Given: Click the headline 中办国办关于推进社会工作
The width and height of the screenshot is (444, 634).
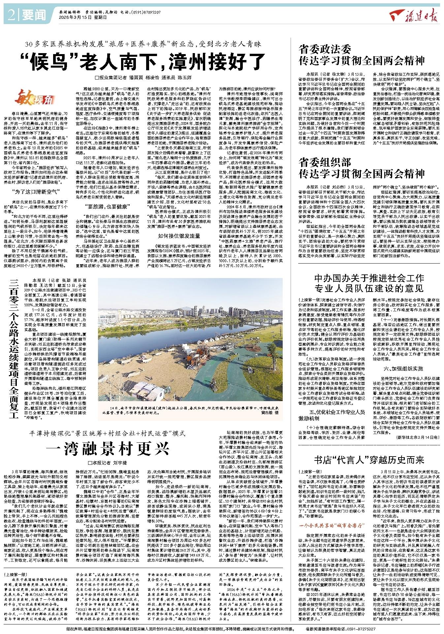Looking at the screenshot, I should click(369, 277).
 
